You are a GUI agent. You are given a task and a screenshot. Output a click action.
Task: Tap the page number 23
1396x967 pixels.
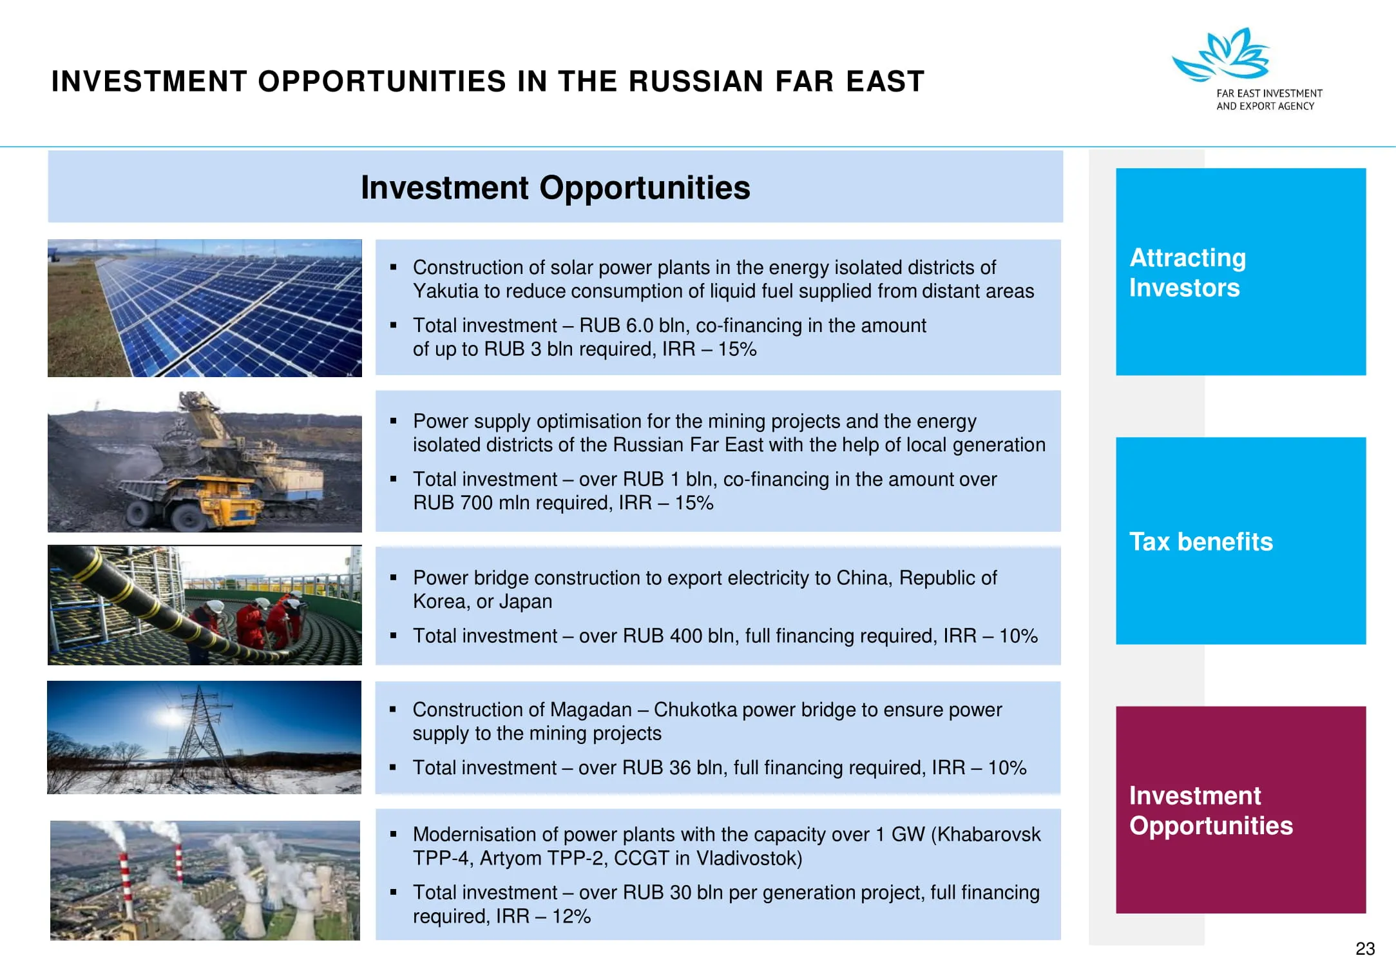1365,948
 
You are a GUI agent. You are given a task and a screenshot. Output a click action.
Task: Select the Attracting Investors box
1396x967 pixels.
1241,271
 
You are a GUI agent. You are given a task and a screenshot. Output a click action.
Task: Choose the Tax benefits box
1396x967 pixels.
1241,540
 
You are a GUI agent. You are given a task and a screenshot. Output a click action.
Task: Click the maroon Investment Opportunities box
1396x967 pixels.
1241,809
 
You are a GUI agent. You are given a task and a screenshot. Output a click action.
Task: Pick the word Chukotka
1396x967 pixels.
695,709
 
